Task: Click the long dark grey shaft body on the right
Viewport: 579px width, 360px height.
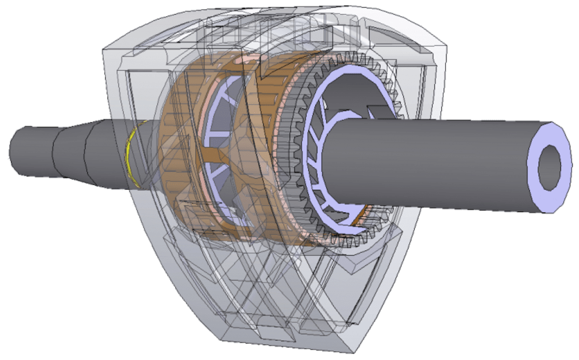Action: [437, 161]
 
